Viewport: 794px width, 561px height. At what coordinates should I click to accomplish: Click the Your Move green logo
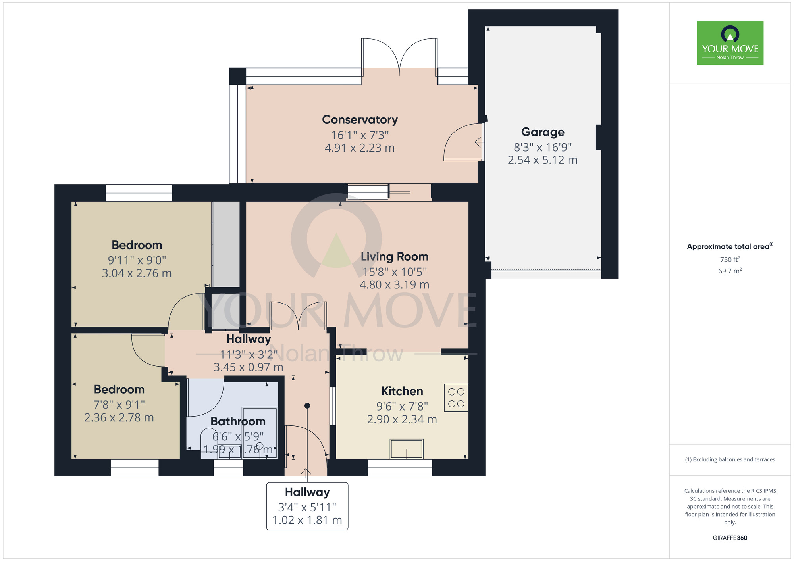click(x=730, y=43)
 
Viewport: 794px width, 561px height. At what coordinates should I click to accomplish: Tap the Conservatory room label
click(x=360, y=119)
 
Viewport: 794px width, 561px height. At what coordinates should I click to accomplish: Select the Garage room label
click(x=542, y=132)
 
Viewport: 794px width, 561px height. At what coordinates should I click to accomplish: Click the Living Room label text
click(x=394, y=257)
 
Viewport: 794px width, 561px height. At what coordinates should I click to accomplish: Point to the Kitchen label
click(x=402, y=391)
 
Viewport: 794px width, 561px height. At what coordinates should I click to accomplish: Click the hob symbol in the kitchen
click(x=456, y=398)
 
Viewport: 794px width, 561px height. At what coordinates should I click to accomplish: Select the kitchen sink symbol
click(x=406, y=449)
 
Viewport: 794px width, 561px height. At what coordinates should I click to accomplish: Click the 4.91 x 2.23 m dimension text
click(x=360, y=148)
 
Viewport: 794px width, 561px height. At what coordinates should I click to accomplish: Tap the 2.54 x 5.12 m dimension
click(x=542, y=160)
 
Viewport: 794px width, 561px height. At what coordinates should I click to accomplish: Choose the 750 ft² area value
click(x=730, y=259)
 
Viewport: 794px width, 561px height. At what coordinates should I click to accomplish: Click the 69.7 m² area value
click(x=730, y=271)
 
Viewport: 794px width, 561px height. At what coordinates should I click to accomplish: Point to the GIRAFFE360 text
click(x=730, y=538)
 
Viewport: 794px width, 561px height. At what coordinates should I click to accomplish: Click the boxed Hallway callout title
click(x=307, y=492)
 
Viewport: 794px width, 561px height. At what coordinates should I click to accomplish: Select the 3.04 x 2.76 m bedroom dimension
click(x=137, y=273)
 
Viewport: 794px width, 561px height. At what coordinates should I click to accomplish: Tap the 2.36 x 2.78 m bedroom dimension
click(x=119, y=417)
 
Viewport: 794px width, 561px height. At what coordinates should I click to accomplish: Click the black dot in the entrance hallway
click(x=307, y=406)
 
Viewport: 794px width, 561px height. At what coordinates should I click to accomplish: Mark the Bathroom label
click(x=238, y=421)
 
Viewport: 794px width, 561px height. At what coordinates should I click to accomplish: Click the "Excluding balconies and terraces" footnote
click(x=730, y=460)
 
